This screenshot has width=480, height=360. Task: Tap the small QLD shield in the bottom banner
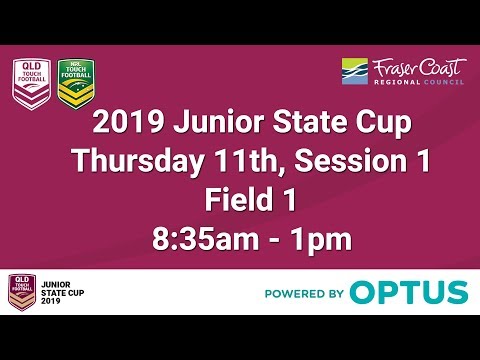click(21, 291)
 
